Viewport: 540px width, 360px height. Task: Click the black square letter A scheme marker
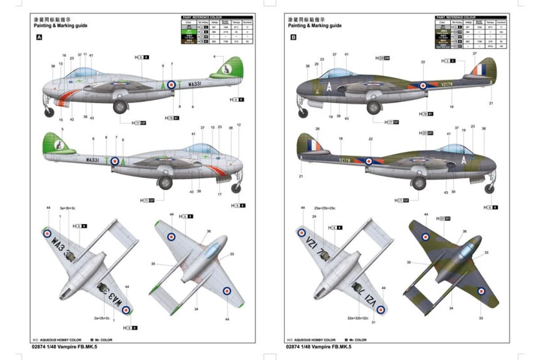tap(39, 38)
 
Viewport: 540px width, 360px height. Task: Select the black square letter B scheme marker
tap(293, 38)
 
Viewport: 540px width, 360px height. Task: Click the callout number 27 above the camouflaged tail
tap(474, 54)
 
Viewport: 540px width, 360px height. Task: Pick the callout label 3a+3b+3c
tap(68, 209)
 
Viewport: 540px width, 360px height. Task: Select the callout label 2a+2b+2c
tap(102, 318)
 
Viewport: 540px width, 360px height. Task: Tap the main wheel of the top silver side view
tap(120, 107)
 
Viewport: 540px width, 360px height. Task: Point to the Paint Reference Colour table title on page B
tap(456, 17)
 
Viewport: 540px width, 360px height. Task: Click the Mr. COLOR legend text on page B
tap(357, 340)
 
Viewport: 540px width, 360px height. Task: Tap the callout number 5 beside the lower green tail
tap(62, 129)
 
